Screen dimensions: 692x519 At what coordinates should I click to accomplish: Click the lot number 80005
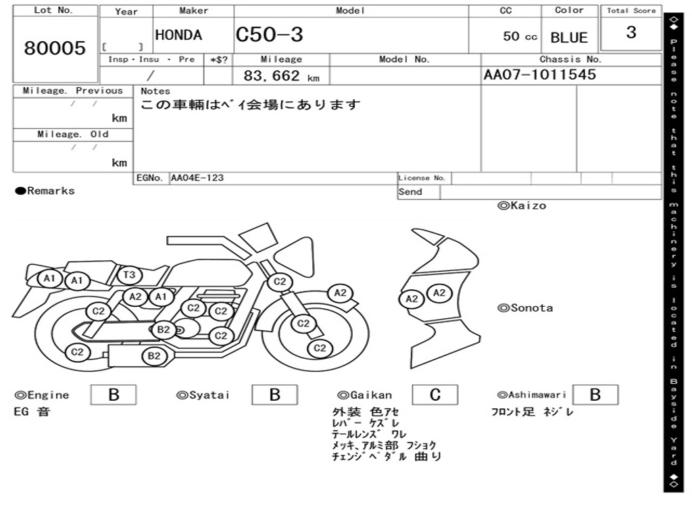coord(55,48)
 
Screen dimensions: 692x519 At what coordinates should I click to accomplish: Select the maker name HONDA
coord(178,35)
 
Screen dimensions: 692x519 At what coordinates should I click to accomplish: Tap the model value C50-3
coord(269,34)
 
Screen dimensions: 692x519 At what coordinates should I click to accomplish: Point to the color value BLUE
coord(569,38)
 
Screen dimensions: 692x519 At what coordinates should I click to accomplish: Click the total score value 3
coord(631,32)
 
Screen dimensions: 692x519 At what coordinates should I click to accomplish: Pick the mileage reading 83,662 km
coord(282,76)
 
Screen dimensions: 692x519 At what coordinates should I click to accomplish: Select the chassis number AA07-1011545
coord(540,74)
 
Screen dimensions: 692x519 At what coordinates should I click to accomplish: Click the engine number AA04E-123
coord(197,178)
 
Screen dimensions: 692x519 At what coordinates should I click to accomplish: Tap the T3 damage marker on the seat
coord(129,276)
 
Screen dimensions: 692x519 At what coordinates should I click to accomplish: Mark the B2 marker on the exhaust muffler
coord(154,356)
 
